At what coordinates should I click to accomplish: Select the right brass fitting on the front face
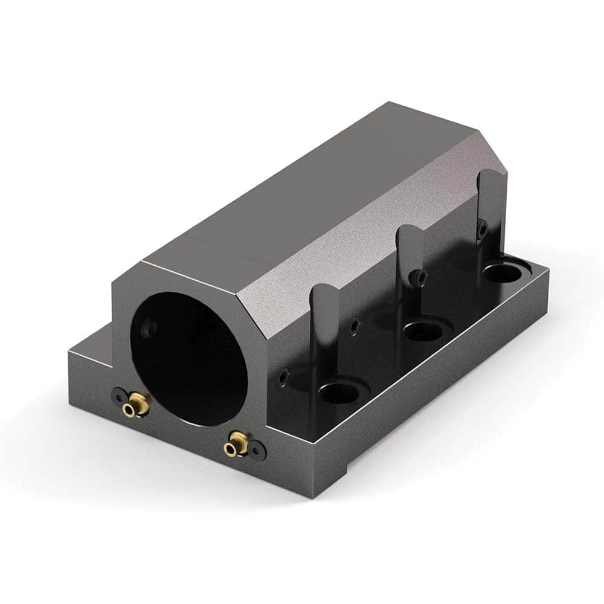click(236, 445)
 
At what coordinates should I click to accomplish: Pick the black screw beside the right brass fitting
click(259, 449)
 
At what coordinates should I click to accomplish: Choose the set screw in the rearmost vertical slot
click(481, 228)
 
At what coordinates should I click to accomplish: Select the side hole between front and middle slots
click(355, 327)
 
